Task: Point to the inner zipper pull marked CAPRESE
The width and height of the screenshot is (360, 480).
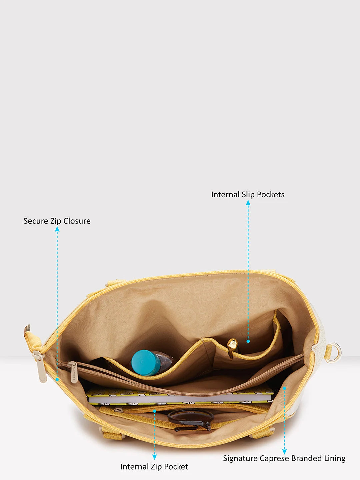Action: [x=73, y=372]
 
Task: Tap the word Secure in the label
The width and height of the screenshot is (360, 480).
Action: [x=36, y=221]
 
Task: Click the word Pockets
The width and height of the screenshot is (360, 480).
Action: [x=271, y=195]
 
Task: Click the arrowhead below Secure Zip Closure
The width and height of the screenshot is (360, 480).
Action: [x=57, y=229]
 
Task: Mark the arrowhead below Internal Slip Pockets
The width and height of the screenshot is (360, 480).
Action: [x=248, y=203]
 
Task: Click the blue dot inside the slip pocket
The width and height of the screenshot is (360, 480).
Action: [x=248, y=341]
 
